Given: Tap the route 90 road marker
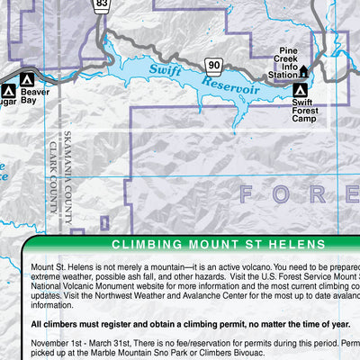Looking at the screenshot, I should tap(212, 64).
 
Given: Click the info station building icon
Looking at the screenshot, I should tap(303, 71).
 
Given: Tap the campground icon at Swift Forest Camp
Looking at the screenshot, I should tap(300, 90).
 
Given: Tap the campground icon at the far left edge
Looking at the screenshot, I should tap(8, 90).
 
